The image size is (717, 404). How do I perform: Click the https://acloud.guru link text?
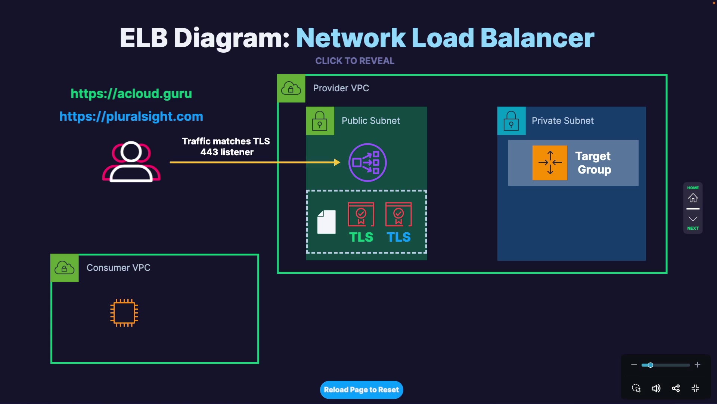coord(131,94)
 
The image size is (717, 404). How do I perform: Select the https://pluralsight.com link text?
coord(131,116)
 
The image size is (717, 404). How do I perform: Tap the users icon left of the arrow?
coord(131,162)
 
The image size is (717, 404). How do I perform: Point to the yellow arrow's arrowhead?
coord(337,162)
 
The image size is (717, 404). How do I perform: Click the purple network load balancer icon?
coord(367,162)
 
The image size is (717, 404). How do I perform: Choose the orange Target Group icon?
coord(550,163)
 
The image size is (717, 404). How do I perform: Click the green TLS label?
coord(361,237)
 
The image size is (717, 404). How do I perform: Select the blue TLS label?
coord(398,237)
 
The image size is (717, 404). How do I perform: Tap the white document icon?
coord(326,222)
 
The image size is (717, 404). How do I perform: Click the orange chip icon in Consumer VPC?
coord(124,313)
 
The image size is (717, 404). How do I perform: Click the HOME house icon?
coord(693,198)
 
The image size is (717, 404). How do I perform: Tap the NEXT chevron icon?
coord(693,219)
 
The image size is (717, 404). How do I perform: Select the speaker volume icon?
coord(656,388)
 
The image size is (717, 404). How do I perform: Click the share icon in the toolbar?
coord(676,388)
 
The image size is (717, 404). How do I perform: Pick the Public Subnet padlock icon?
coord(320,120)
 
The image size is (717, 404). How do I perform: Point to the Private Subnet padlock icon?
coord(511,120)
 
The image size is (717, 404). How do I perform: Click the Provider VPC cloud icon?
coord(291,88)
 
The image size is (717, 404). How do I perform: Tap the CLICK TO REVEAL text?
coord(355,61)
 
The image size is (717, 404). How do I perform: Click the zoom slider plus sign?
coord(698,365)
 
